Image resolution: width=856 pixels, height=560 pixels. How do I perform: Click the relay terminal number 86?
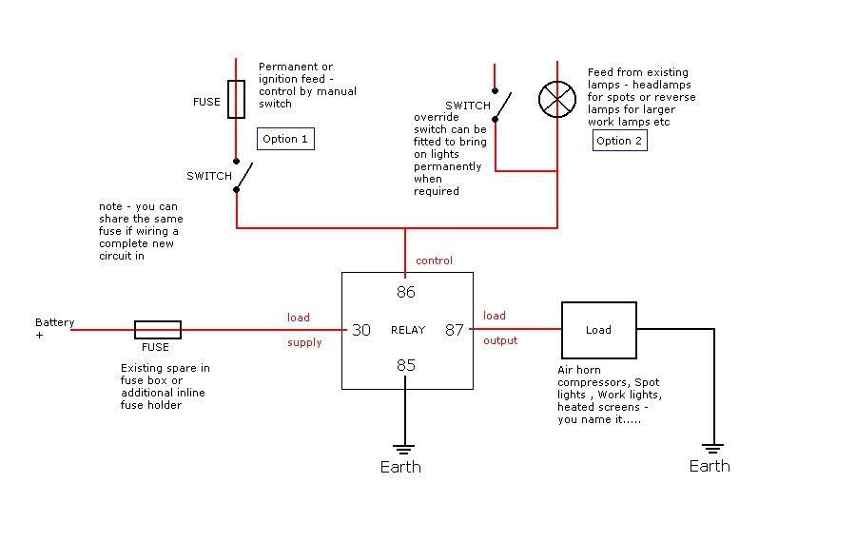pyautogui.click(x=406, y=293)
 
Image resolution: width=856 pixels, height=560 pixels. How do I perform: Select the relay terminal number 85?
pyautogui.click(x=406, y=364)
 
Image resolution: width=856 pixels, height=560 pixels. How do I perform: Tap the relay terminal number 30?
pyautogui.click(x=361, y=330)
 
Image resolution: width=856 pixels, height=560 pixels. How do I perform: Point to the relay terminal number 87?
pyautogui.click(x=455, y=330)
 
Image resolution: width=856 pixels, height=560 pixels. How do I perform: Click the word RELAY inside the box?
pyautogui.click(x=408, y=331)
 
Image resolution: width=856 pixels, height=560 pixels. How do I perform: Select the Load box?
pyautogui.click(x=598, y=330)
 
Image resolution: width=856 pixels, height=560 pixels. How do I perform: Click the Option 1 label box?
pyautogui.click(x=285, y=139)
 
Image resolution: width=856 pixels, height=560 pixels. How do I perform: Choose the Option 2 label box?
pyautogui.click(x=619, y=141)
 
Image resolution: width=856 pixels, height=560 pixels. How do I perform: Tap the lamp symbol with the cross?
pyautogui.click(x=557, y=99)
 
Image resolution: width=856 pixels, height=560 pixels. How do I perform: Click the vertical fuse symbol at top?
pyautogui.click(x=236, y=99)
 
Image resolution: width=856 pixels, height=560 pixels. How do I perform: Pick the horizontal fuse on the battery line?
pyautogui.click(x=157, y=330)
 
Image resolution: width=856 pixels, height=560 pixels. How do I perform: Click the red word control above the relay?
pyautogui.click(x=434, y=261)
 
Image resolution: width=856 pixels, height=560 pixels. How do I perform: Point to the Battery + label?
pyautogui.click(x=53, y=328)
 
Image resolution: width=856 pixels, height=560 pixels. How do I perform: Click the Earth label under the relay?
pyautogui.click(x=400, y=467)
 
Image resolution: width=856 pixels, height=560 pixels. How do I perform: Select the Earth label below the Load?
pyautogui.click(x=710, y=466)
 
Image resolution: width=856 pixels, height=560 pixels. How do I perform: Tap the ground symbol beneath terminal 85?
pyautogui.click(x=406, y=448)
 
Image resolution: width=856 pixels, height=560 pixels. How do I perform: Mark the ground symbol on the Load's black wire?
pyautogui.click(x=712, y=448)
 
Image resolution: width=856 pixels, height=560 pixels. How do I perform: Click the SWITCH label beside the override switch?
pyautogui.click(x=467, y=106)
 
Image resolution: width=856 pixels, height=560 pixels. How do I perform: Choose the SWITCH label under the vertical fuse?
pyautogui.click(x=209, y=176)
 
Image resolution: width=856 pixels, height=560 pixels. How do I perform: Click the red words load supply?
pyautogui.click(x=299, y=329)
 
